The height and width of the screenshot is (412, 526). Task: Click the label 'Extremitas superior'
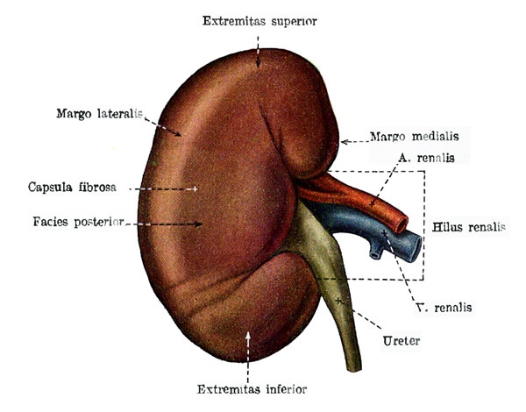tap(259, 21)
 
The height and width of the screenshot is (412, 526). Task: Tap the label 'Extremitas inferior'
tap(252, 389)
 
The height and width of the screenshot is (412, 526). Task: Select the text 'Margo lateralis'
tap(100, 114)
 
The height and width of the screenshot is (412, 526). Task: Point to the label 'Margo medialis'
tap(415, 137)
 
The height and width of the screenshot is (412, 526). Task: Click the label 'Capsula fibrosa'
tap(72, 187)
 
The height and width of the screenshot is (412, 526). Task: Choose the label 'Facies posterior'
tap(79, 222)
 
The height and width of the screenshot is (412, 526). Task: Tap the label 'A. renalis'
tap(427, 158)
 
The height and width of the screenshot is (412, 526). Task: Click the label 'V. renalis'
tap(444, 308)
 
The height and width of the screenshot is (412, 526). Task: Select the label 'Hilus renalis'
tap(469, 227)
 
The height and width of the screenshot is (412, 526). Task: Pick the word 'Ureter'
tap(402, 341)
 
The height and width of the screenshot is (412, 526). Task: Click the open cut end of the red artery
tap(402, 224)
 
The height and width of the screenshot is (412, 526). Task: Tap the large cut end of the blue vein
tap(415, 248)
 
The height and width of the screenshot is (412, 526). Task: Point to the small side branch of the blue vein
tap(376, 251)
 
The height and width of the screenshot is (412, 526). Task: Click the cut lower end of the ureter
tap(354, 368)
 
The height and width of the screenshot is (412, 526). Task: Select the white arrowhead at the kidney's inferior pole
tap(248, 337)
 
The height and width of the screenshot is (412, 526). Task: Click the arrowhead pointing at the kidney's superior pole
tap(258, 63)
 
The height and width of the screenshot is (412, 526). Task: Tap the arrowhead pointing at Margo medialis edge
tap(345, 142)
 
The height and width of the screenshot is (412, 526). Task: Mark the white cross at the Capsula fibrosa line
tap(195, 189)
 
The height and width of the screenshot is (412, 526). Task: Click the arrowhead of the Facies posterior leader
tap(198, 224)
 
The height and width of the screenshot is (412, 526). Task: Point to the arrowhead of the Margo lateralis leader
tap(177, 133)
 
